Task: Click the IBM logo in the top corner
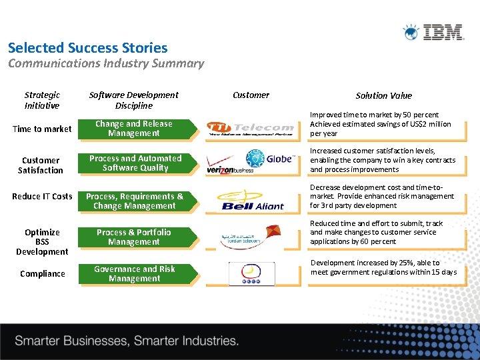[x=433, y=32]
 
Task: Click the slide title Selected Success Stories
[x=87, y=48]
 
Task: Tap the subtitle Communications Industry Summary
[x=105, y=64]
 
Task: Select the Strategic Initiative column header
[x=42, y=100]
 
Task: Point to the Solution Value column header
[x=383, y=95]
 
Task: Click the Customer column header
[x=251, y=95]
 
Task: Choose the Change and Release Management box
[x=134, y=129]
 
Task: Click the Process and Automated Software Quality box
[x=135, y=163]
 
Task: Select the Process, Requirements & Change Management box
[x=135, y=201]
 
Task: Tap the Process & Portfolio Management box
[x=134, y=237]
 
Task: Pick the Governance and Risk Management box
[x=135, y=274]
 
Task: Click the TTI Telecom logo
[x=250, y=128]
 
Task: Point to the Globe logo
[x=270, y=159]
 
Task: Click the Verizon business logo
[x=231, y=169]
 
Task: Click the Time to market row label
[x=42, y=129]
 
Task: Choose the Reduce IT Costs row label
[x=42, y=196]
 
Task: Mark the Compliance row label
[x=43, y=273]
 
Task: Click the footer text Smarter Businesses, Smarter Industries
[x=127, y=341]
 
